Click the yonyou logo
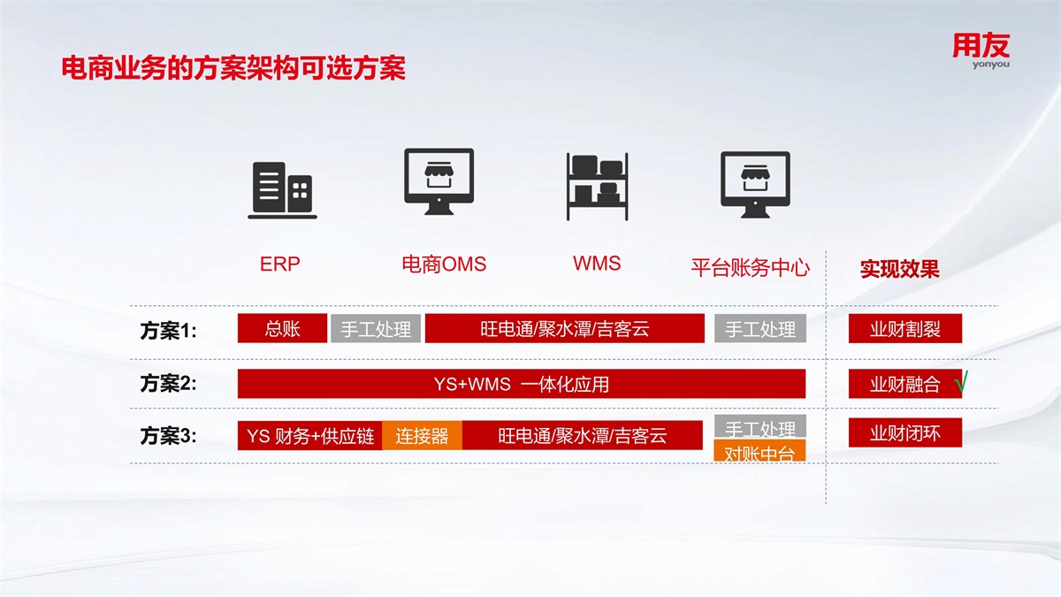[x=981, y=50]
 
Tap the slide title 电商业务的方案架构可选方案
[x=233, y=68]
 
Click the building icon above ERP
[x=282, y=190]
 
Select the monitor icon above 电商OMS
[x=439, y=181]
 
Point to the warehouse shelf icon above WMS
[x=598, y=187]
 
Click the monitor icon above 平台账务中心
[x=755, y=184]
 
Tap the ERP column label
[x=280, y=264]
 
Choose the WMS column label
[x=597, y=264]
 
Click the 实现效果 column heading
[x=899, y=269]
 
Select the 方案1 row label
[x=168, y=330]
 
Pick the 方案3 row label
[x=168, y=435]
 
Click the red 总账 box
[x=282, y=328]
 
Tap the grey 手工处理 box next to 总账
[x=376, y=328]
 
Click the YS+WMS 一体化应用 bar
[x=522, y=384]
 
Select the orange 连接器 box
[x=422, y=435]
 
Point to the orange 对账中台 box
[x=759, y=450]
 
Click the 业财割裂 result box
[x=905, y=328]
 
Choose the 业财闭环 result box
[x=905, y=432]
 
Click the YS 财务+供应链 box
[x=310, y=435]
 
